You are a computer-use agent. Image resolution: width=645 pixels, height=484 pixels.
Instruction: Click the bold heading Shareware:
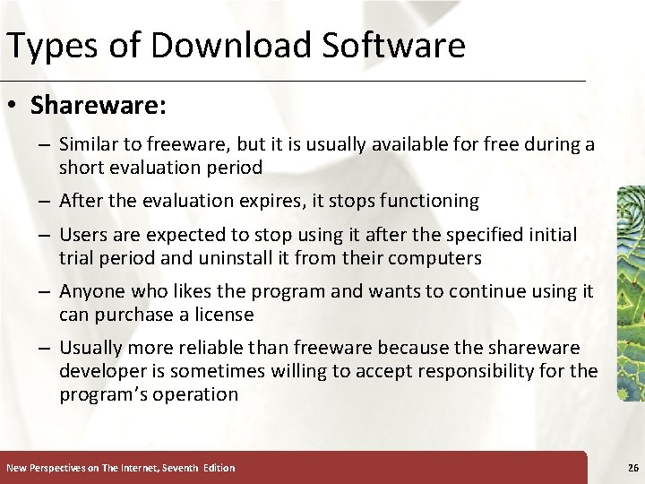point(99,106)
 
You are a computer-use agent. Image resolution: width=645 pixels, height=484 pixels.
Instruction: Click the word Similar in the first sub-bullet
point(88,144)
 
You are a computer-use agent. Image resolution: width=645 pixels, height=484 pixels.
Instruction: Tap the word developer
point(101,371)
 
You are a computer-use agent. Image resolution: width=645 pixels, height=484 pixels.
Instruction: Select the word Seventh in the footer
point(178,468)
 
